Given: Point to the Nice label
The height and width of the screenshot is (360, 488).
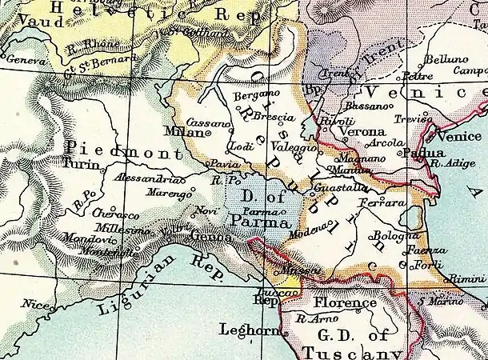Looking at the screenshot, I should pos(34,304).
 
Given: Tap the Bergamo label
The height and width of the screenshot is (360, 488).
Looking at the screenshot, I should pos(251,95).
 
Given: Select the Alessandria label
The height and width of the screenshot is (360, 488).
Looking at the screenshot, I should pos(141,178).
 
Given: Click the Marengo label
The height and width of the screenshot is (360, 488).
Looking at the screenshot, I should pos(165,193).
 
